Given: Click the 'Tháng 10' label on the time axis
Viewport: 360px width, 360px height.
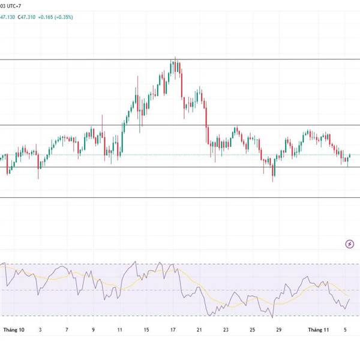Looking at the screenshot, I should coord(14,329).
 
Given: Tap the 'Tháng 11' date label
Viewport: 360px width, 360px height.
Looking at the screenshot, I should coord(319,329).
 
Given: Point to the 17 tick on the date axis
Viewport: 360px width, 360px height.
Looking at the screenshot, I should coord(173,329).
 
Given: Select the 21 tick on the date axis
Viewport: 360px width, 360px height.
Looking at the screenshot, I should coord(199,329).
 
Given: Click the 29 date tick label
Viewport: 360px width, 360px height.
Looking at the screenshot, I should coord(278,329).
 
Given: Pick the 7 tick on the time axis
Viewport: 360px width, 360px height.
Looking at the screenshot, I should coord(67,329).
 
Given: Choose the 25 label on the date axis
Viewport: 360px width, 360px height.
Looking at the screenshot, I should coord(252,329).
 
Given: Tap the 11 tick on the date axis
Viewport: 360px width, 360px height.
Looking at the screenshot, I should coord(120,329).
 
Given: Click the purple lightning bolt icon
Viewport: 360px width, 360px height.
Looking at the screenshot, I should coord(350,244).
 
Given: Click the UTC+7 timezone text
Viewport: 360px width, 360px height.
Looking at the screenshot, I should coord(16,5).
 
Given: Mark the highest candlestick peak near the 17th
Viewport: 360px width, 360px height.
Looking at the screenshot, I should coord(175,58).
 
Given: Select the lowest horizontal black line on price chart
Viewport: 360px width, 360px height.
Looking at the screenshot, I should coord(180,197).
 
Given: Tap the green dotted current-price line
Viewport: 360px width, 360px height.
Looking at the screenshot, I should coord(180,155).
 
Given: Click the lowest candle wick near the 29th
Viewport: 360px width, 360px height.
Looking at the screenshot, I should coord(274,181).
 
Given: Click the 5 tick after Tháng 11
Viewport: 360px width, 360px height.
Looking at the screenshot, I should coord(346,329).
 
